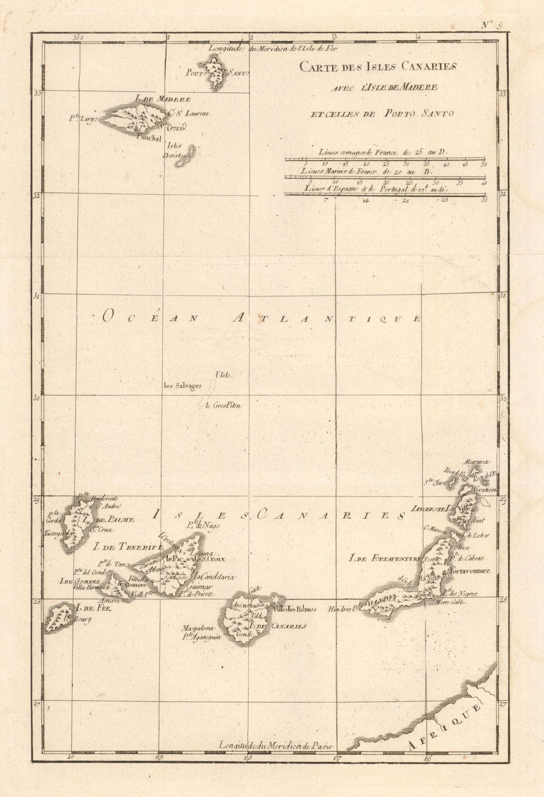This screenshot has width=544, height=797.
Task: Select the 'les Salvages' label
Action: [183, 385]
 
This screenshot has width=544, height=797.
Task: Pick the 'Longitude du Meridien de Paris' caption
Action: [275, 745]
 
